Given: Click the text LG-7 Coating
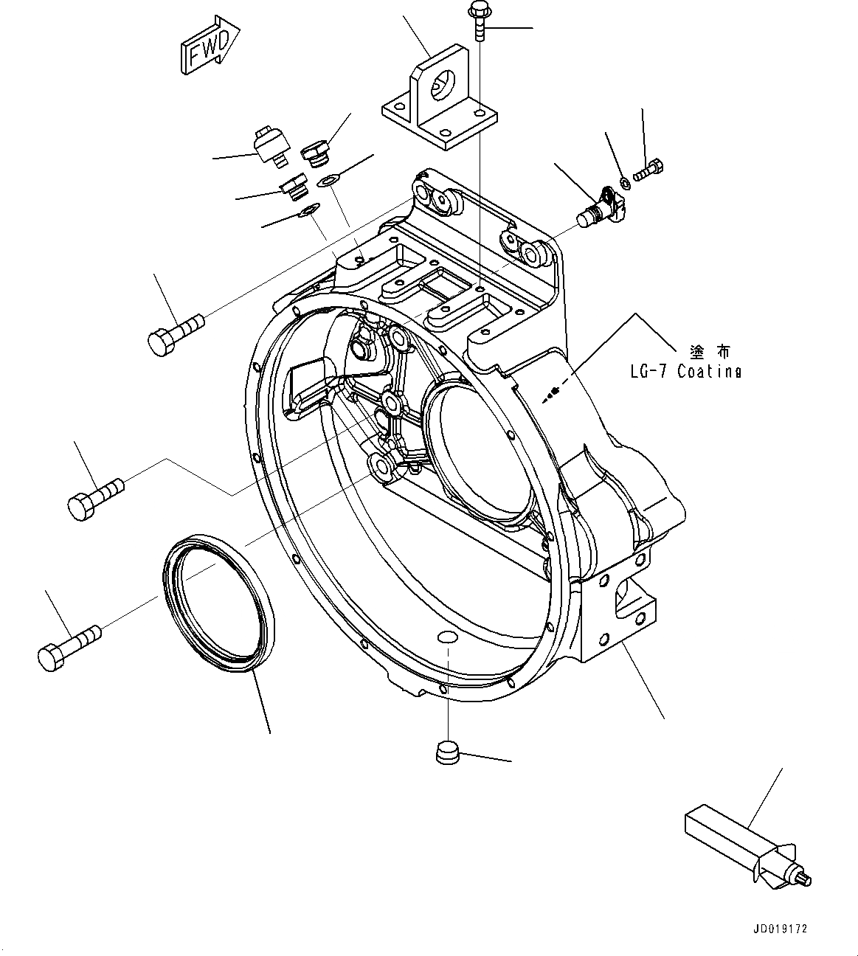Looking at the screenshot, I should point(685,372).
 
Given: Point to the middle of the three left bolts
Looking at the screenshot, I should point(94,497).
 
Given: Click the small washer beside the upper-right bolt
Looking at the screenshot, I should point(624,181).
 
